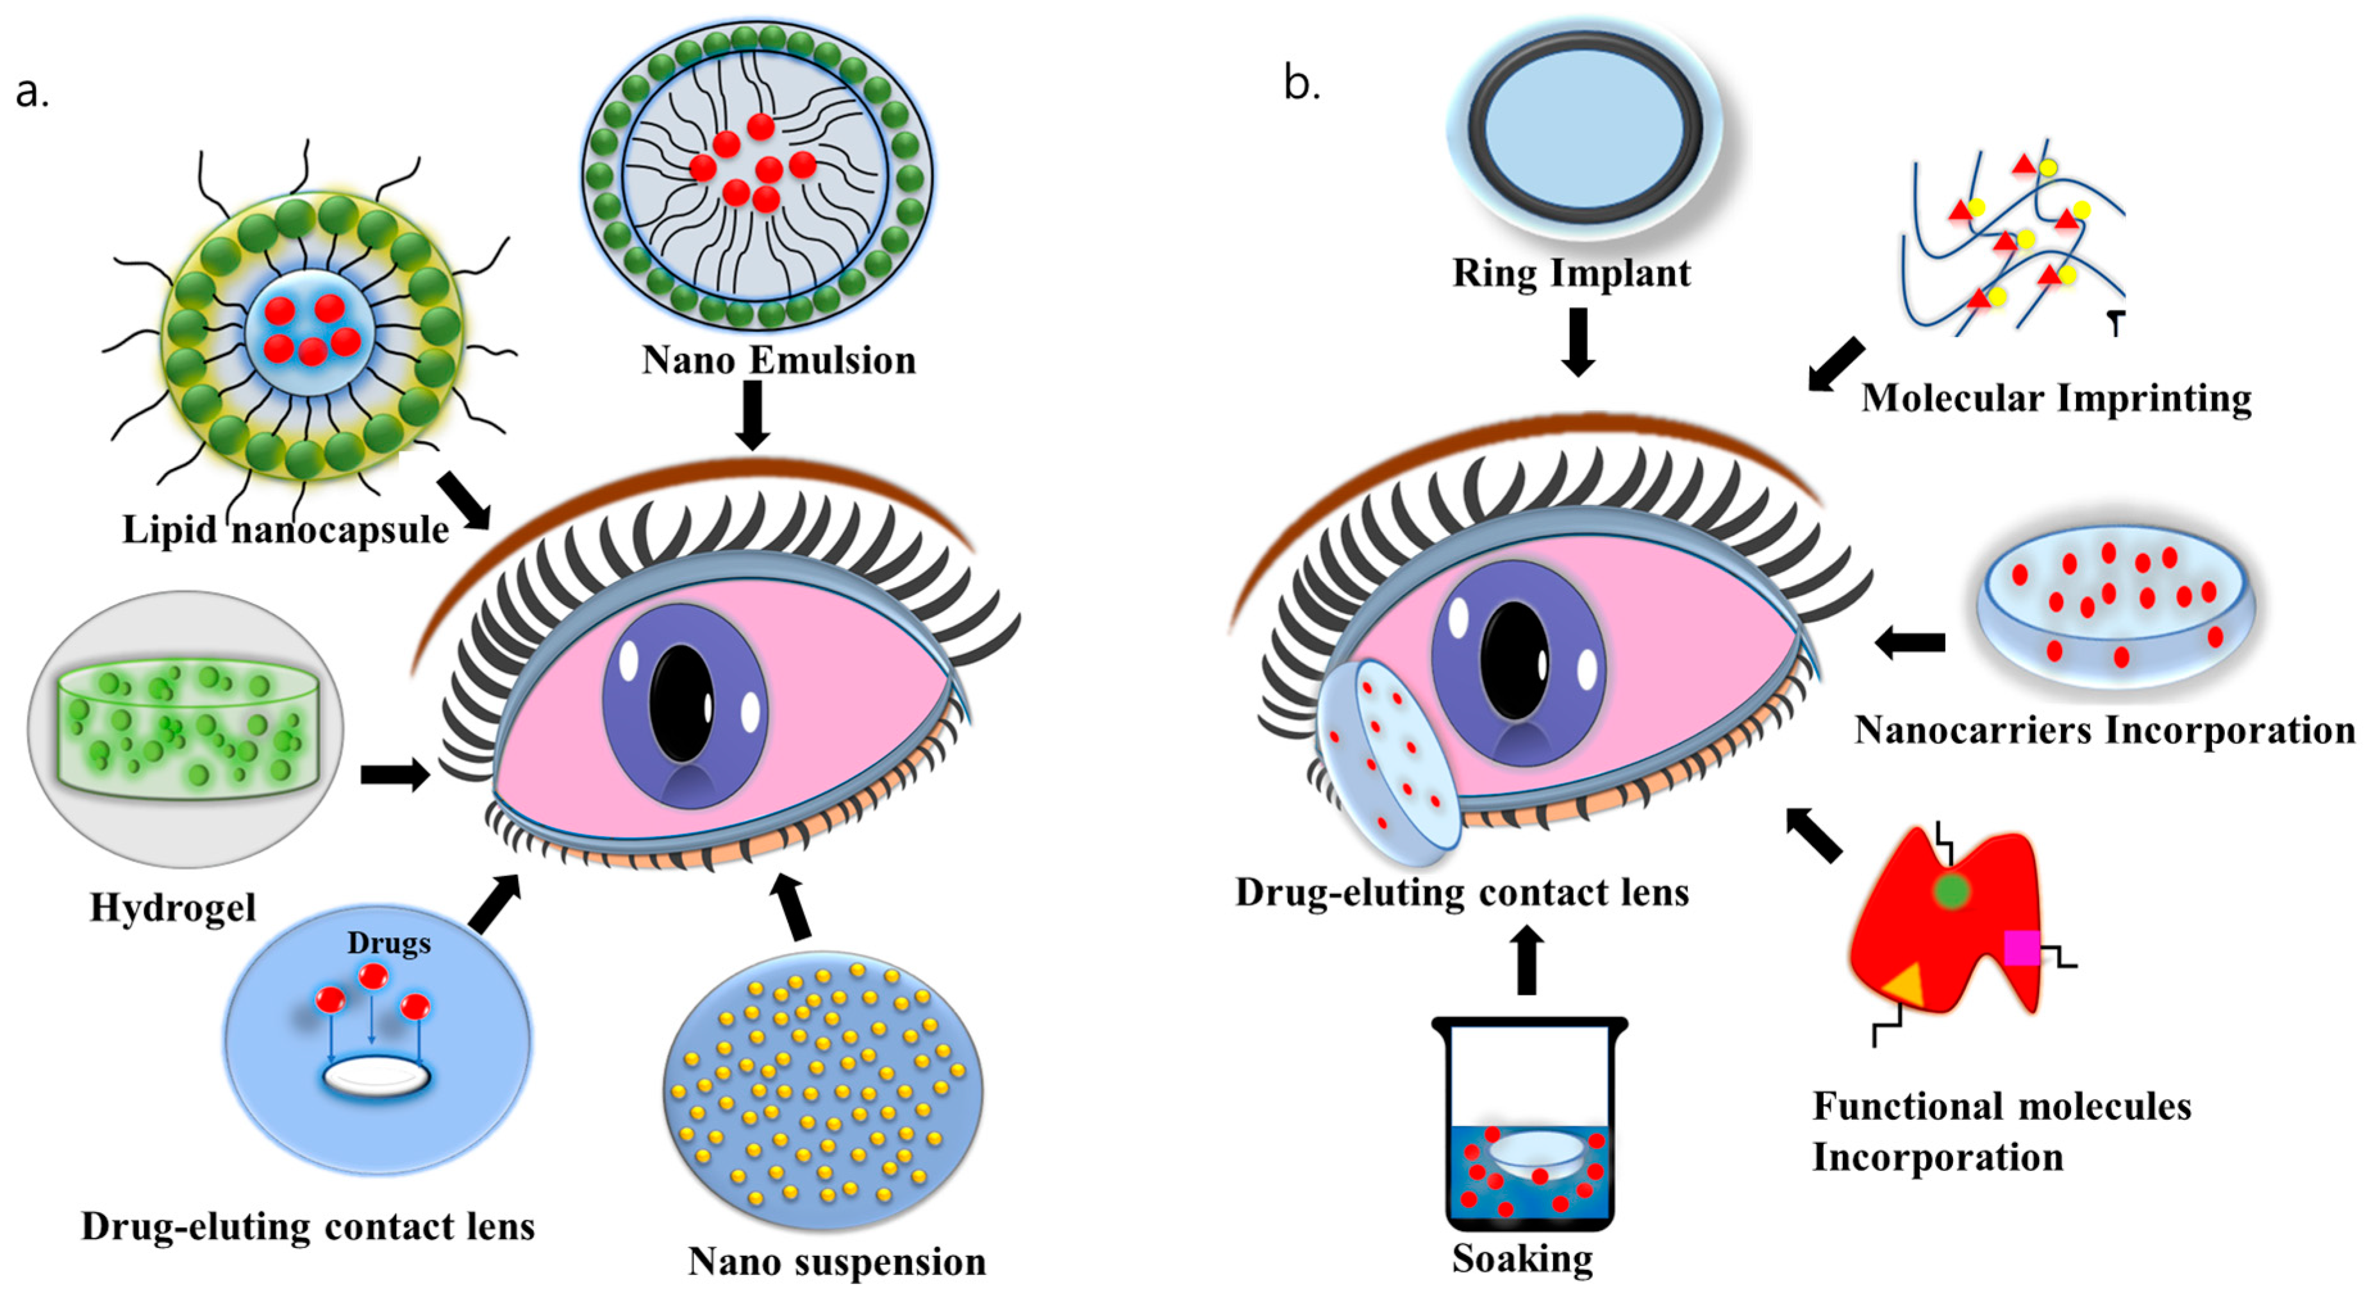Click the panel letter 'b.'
click(1301, 85)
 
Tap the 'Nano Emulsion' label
click(778, 360)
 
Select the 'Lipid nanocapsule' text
click(285, 529)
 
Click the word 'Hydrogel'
click(172, 907)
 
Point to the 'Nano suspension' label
click(837, 1261)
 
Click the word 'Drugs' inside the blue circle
click(388, 943)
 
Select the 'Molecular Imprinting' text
click(2056, 398)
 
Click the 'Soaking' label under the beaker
click(1522, 1258)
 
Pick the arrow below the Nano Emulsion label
click(753, 415)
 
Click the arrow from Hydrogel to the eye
click(395, 775)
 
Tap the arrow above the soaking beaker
click(1526, 961)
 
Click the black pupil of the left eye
click(681, 704)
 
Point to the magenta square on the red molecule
click(2022, 947)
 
